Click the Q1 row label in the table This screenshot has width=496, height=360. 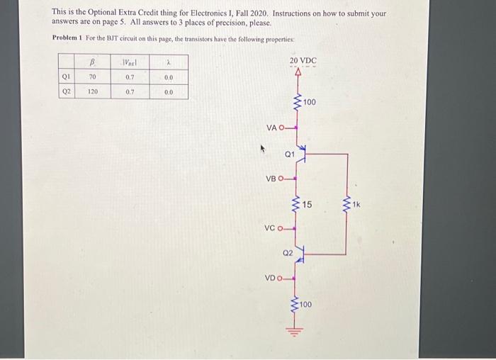pyautogui.click(x=65, y=77)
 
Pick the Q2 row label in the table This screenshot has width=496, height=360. pyautogui.click(x=65, y=92)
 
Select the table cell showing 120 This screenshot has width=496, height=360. pyautogui.click(x=93, y=92)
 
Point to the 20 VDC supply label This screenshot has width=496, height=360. pyautogui.click(x=303, y=61)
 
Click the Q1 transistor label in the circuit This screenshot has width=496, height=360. pyautogui.click(x=289, y=153)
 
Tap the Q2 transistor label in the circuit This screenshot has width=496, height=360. pyautogui.click(x=288, y=252)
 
